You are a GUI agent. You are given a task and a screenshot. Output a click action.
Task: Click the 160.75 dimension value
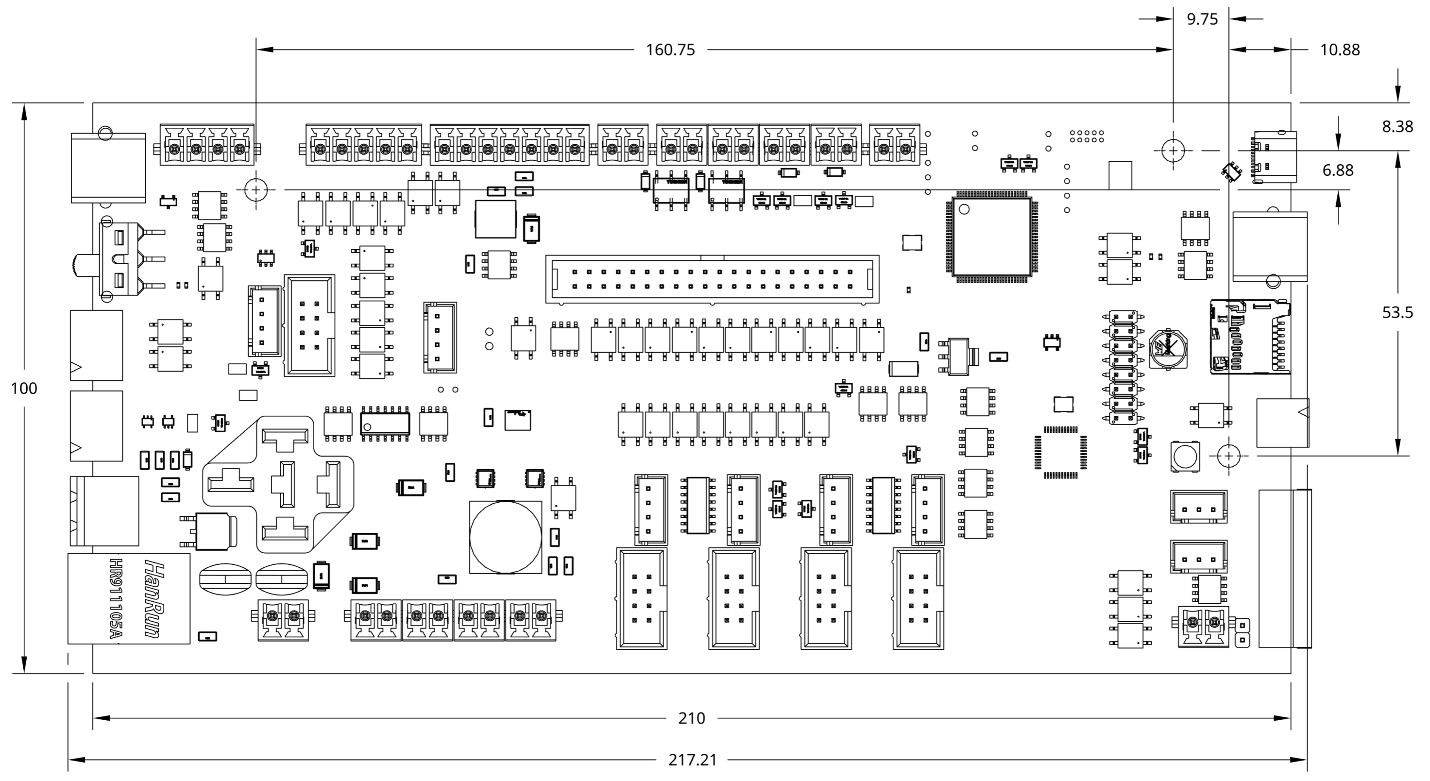[670, 50]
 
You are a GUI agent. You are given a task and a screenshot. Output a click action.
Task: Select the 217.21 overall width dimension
[692, 759]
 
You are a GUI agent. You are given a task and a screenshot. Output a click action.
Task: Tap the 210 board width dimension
[691, 718]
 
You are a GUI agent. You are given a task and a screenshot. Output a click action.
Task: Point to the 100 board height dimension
[24, 389]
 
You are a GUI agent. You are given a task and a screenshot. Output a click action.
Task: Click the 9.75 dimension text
[1202, 19]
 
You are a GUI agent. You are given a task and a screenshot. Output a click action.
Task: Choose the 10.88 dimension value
[1340, 50]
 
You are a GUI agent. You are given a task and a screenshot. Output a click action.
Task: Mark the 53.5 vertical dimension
[1397, 312]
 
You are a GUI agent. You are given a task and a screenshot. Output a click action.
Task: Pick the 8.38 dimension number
[1397, 127]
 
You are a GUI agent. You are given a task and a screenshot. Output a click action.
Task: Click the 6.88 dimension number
[1338, 170]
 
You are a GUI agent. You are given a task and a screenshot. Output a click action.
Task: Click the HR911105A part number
[115, 598]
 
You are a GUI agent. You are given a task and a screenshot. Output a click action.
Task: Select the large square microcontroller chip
[991, 237]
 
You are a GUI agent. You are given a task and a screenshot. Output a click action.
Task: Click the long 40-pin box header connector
[712, 279]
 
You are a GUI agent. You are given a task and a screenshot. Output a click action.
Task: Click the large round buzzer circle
[505, 537]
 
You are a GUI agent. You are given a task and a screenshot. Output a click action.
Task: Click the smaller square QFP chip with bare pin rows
[1060, 452]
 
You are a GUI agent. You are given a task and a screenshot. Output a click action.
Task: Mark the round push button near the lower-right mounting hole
[1184, 456]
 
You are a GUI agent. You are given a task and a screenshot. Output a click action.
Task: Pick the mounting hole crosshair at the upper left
[255, 190]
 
